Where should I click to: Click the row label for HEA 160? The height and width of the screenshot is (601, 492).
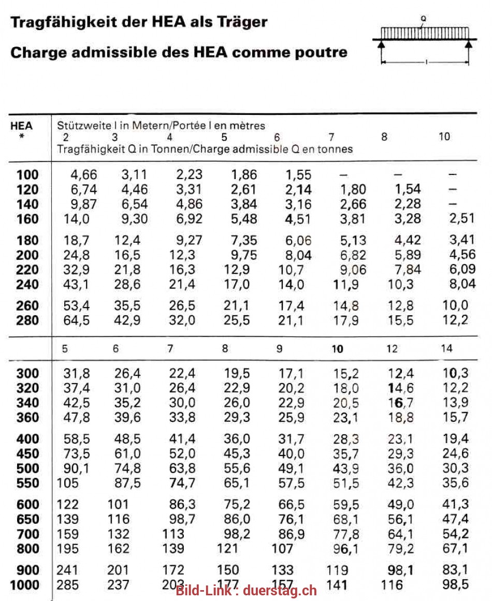[x=27, y=219]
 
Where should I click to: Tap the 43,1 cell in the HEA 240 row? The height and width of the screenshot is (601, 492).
[x=77, y=284]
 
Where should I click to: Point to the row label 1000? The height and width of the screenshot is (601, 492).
[x=24, y=585]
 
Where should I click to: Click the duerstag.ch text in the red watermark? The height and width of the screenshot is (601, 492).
[x=280, y=591]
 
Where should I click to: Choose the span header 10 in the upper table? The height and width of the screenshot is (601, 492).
[x=444, y=137]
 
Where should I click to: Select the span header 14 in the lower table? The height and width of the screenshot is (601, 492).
[x=446, y=348]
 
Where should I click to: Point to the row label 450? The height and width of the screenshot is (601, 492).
[x=27, y=454]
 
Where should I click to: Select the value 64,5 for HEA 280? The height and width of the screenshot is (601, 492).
[x=77, y=320]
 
